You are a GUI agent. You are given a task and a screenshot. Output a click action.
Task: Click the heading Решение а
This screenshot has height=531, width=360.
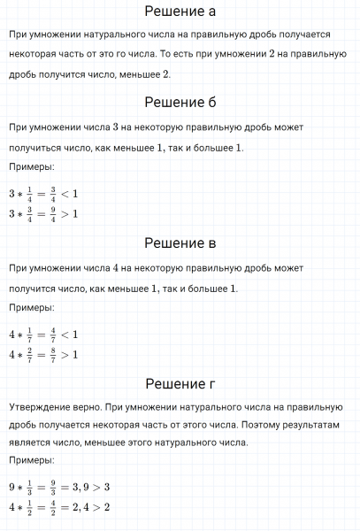click(180, 12)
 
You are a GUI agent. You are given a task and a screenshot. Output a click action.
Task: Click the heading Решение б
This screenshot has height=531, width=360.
click(180, 104)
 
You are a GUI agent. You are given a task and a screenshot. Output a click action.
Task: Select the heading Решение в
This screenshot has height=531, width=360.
click(180, 243)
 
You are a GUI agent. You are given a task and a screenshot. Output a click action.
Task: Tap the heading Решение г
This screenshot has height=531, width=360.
click(180, 383)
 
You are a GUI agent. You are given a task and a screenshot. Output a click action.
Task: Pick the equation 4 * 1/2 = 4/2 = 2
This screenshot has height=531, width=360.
click(58, 507)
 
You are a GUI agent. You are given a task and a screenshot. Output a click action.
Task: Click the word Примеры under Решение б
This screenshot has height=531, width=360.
click(31, 167)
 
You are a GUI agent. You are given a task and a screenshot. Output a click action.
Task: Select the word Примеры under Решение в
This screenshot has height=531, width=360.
click(31, 307)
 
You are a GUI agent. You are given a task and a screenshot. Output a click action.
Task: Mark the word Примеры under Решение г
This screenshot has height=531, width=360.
click(31, 460)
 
